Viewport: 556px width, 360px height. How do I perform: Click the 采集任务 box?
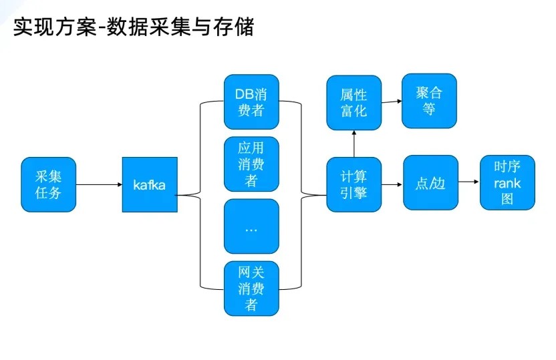pos(48,184)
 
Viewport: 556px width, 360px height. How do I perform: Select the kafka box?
pos(150,184)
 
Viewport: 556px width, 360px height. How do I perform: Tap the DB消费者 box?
pos(251,102)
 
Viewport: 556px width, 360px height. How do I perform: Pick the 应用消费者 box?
pos(251,164)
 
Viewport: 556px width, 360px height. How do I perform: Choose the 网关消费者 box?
pos(251,289)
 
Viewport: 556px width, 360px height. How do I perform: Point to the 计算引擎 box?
pos(354,184)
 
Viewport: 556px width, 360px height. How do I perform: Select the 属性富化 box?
pos(354,102)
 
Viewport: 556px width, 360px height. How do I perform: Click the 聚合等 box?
pos(429,100)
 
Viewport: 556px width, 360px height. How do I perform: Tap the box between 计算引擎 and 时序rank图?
pos(430,183)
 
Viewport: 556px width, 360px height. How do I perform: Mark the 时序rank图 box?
pos(507,183)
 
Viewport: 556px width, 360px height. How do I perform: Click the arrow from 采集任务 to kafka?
pos(99,184)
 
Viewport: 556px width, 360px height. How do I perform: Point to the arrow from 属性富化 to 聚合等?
pos(391,102)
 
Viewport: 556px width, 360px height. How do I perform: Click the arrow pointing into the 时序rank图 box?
pos(469,182)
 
